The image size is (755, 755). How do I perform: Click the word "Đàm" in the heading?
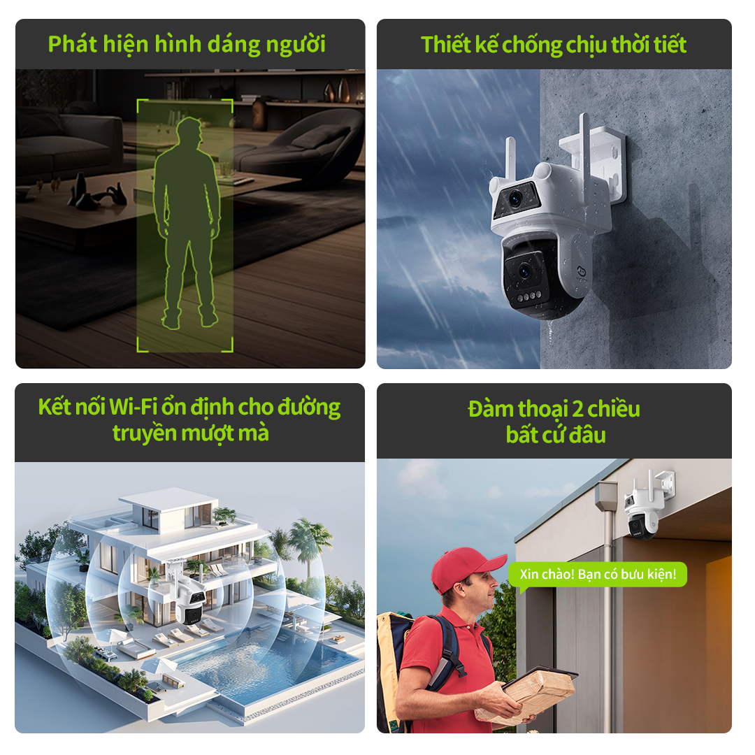(491, 409)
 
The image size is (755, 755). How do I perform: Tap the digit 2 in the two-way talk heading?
(578, 410)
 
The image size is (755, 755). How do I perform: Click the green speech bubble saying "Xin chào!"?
(598, 575)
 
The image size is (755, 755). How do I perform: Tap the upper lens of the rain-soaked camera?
(516, 198)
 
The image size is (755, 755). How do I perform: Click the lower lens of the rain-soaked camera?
(524, 271)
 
